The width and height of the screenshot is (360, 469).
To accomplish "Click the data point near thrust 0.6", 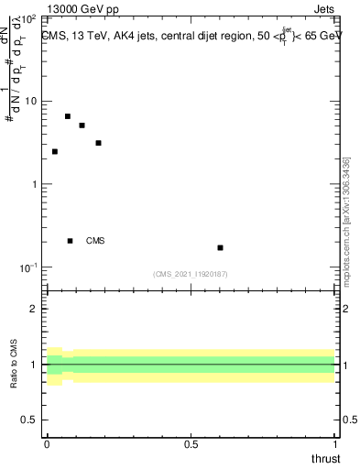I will point(220,247).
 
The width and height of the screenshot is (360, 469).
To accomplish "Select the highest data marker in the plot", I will point(68,116).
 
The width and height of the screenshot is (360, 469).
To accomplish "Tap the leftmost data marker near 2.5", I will point(55,151).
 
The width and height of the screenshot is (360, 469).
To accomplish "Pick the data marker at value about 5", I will point(82,125).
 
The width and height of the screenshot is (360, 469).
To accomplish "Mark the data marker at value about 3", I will point(98,143).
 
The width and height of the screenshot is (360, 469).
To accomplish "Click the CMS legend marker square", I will point(70,241).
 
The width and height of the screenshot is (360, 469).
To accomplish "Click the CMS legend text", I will point(95,241).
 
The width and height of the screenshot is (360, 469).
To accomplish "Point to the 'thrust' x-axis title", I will point(325,458).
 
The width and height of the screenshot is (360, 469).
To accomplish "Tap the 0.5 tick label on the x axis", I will point(191,443).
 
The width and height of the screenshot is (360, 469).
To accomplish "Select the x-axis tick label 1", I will point(335,443).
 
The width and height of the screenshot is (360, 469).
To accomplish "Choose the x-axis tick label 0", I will point(47,443).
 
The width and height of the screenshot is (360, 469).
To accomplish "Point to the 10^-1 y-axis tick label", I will point(29,267).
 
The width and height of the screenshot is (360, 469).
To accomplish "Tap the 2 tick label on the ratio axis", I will point(35,309).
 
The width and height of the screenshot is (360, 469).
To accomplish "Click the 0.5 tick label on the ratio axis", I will point(30,420).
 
